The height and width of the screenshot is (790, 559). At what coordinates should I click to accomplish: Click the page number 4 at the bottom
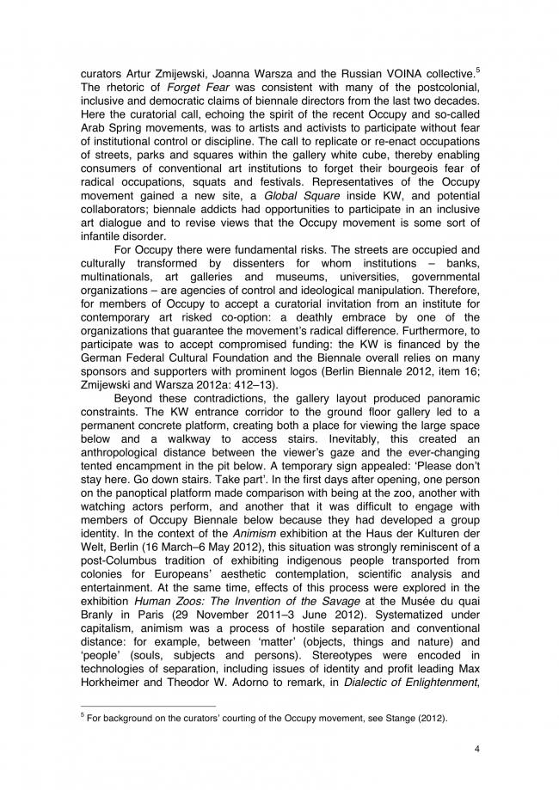click(x=476, y=749)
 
